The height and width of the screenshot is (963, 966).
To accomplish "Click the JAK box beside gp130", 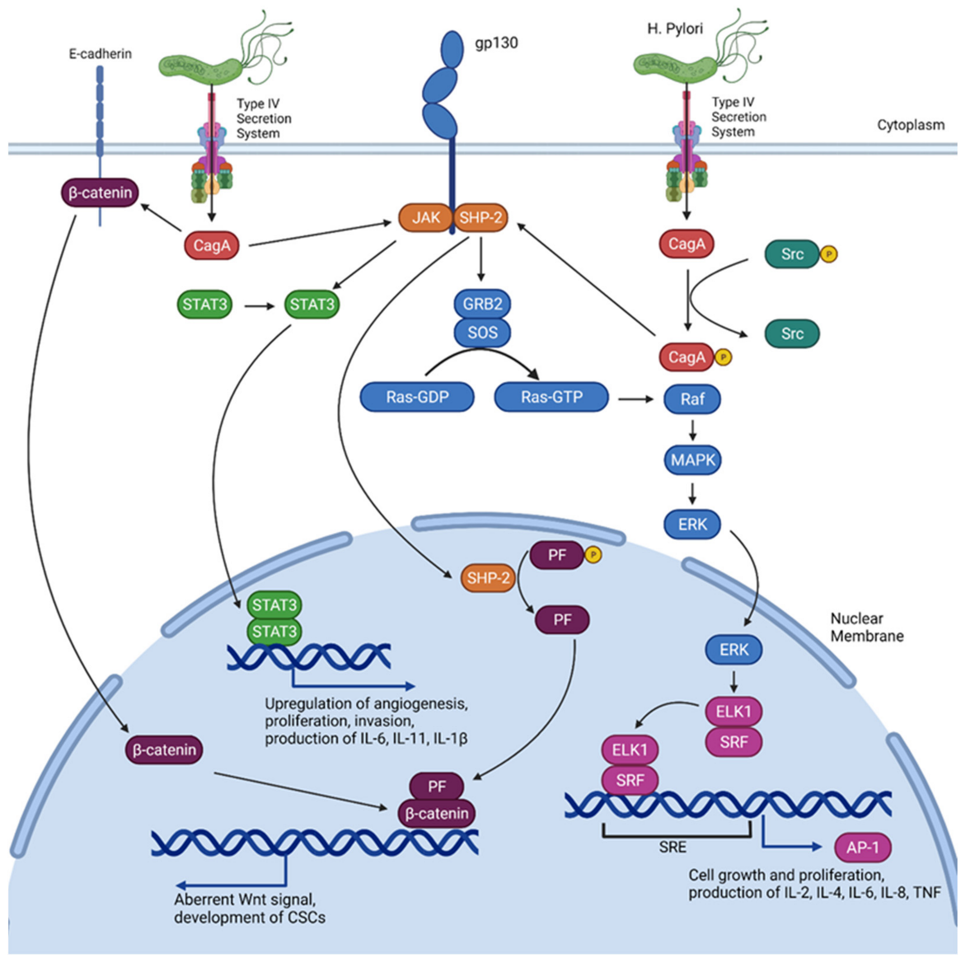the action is [x=425, y=217].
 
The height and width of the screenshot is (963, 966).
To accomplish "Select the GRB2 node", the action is [x=482, y=304].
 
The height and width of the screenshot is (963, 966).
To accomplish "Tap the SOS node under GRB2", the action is [x=482, y=332].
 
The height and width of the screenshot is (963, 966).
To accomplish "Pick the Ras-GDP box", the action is [x=417, y=397].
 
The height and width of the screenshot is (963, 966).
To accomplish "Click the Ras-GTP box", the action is [x=552, y=397].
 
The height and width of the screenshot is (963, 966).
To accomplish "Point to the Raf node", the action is [x=692, y=399].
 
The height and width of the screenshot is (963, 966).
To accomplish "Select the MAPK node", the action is [x=692, y=460].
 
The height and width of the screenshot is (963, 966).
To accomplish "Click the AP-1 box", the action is [x=863, y=848].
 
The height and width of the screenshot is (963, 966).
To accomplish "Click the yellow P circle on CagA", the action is [x=723, y=357].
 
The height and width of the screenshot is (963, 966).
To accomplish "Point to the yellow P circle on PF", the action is [x=593, y=555].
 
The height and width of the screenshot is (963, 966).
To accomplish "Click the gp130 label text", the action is [x=496, y=43].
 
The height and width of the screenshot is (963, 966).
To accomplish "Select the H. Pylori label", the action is [x=675, y=29].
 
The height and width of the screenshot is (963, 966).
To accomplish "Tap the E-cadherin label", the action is [x=100, y=54].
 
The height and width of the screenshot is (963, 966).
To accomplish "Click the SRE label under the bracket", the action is [x=672, y=847].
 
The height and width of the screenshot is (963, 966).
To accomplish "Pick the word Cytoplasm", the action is [x=911, y=125].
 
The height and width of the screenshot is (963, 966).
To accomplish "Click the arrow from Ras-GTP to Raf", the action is [x=636, y=399].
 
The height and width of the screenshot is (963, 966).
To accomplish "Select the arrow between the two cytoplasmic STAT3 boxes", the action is [x=260, y=305].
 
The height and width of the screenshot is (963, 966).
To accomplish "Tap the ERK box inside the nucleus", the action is [x=734, y=650].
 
